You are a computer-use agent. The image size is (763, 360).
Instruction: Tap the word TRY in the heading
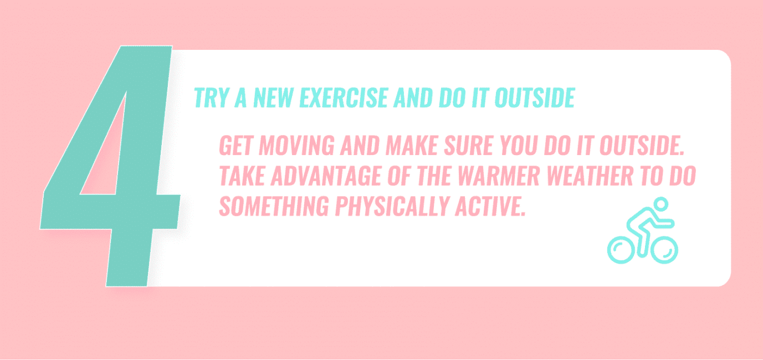211,97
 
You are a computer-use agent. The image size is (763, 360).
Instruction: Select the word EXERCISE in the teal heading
344,97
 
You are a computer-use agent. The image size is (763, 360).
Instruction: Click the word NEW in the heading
273,97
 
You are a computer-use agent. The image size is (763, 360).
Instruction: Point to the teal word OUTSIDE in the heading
535,97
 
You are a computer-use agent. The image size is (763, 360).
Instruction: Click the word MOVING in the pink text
296,146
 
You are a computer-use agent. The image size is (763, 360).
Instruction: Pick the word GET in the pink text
235,146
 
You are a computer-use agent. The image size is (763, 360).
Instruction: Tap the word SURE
468,146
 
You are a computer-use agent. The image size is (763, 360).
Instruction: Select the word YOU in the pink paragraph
519,146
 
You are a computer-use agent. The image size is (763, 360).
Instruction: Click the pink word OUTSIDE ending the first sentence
642,146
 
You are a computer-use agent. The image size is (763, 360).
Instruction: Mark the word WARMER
499,176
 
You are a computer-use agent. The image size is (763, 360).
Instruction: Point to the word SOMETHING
274,206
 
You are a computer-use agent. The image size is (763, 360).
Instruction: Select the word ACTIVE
490,206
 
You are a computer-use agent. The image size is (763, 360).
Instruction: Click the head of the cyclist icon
661,204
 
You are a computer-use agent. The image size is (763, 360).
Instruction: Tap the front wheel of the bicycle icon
664,250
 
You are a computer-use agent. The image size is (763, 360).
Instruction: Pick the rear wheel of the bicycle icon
621,250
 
